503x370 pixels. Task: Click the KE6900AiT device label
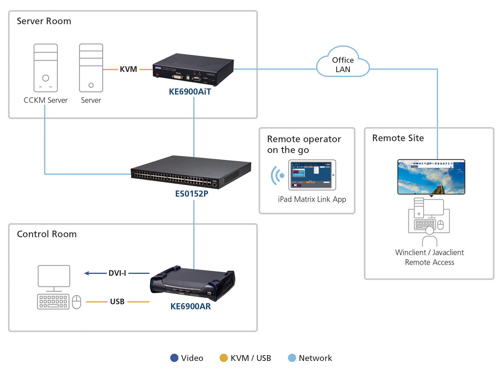pyautogui.click(x=190, y=91)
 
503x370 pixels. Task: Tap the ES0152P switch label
pyautogui.click(x=192, y=194)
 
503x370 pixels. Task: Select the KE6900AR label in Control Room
pyautogui.click(x=190, y=306)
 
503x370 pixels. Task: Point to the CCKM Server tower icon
pyautogui.click(x=46, y=68)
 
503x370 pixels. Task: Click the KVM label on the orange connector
pyautogui.click(x=128, y=69)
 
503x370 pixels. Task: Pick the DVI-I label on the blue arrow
pyautogui.click(x=117, y=273)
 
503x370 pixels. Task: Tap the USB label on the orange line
pyautogui.click(x=117, y=301)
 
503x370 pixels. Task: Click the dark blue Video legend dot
pyautogui.click(x=174, y=358)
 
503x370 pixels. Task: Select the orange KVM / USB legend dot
pyautogui.click(x=224, y=358)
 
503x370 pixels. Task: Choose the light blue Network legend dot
pyautogui.click(x=292, y=358)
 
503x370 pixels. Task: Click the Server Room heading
pyautogui.click(x=44, y=21)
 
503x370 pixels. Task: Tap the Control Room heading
pyautogui.click(x=47, y=234)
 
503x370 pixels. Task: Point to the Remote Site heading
pyautogui.click(x=398, y=138)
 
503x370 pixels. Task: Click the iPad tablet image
pyautogui.click(x=312, y=175)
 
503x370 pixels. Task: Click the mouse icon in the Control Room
pyautogui.click(x=76, y=302)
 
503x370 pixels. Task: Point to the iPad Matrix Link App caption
pyautogui.click(x=312, y=199)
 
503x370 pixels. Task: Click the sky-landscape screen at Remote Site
pyautogui.click(x=431, y=177)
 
